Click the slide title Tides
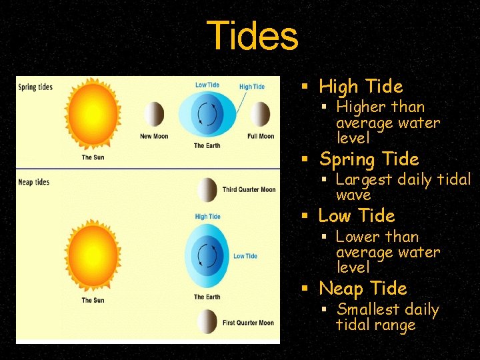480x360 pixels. point(252,36)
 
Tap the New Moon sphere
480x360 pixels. point(154,115)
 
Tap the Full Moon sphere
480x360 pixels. point(261,115)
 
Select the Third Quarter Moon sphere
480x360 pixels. point(207,190)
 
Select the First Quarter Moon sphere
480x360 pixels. point(207,322)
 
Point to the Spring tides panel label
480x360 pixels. point(35,87)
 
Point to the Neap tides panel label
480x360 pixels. point(34,182)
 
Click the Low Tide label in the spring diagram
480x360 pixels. point(207,85)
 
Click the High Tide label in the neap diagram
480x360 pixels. point(207,217)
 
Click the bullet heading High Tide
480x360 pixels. point(361,87)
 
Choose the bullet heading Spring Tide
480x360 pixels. point(369,159)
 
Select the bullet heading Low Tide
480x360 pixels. point(357,216)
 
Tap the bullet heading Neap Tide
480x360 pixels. point(363,289)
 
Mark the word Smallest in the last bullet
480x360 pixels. point(369,310)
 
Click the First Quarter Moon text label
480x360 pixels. point(248,323)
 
